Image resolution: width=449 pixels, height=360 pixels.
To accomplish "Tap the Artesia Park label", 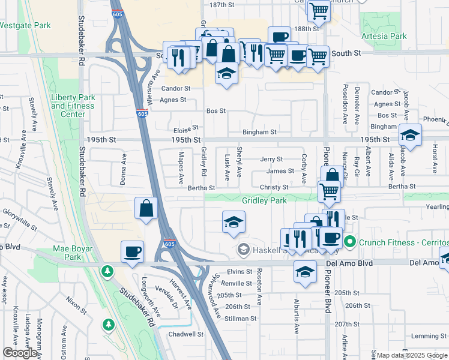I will (x=384, y=37).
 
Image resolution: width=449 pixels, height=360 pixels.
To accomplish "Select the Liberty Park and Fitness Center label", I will (x=73, y=106).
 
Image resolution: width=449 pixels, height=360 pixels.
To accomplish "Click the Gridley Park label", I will (x=264, y=200).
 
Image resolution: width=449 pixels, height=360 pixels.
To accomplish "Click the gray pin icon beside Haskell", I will (x=244, y=248).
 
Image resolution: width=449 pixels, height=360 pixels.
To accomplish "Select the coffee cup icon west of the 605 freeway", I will (x=132, y=251).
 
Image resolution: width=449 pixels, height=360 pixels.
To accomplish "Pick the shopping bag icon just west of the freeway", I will (x=146, y=209).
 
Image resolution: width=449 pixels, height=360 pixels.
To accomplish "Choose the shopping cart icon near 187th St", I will (x=319, y=10).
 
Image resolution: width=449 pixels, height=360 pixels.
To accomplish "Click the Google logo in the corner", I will (x=20, y=353).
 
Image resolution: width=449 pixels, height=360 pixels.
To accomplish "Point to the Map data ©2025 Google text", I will (x=412, y=355).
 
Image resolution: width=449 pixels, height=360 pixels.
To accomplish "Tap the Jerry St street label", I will (x=271, y=159).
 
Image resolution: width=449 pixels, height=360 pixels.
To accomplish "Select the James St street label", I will (x=280, y=171).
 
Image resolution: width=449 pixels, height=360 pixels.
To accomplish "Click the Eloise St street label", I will (x=186, y=128).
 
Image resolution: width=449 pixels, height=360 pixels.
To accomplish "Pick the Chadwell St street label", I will (x=186, y=334).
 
